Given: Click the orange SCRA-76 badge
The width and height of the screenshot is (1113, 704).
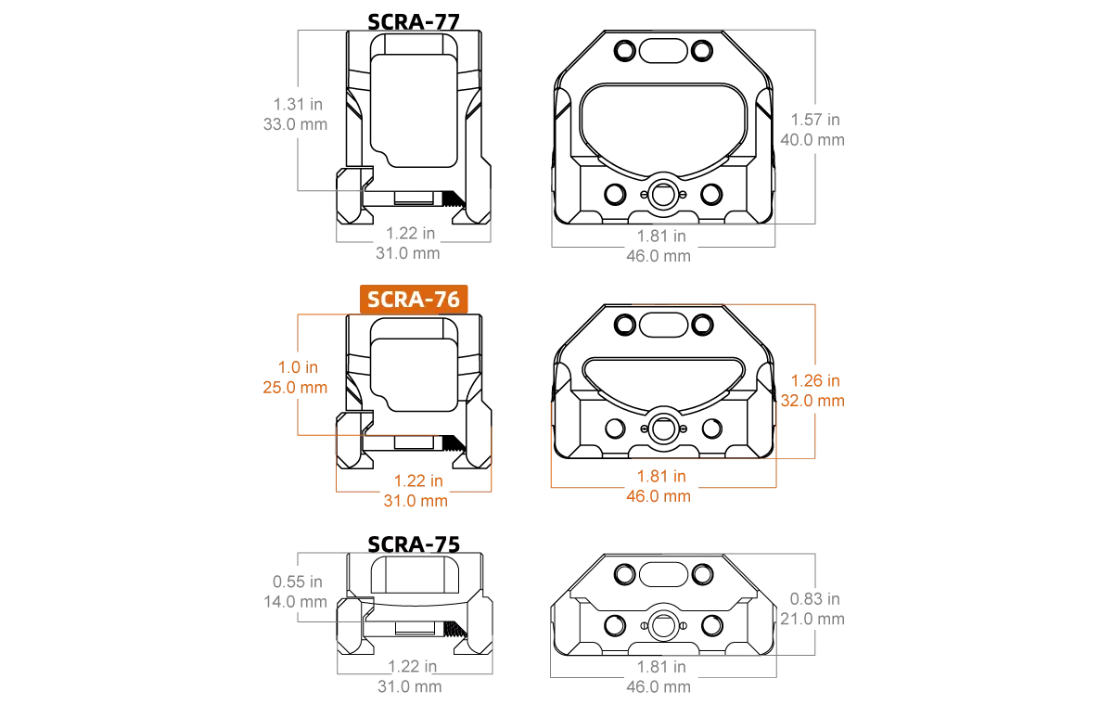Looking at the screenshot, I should [414, 300].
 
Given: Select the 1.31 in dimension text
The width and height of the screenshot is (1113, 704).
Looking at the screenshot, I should [298, 104].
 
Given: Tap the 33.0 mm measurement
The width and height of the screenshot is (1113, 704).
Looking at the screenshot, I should [295, 124].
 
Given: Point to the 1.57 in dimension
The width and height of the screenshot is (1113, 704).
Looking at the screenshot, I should [815, 120].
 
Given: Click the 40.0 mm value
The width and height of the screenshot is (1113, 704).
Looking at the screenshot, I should [812, 140].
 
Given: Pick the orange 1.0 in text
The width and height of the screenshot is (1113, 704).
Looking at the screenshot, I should [298, 367].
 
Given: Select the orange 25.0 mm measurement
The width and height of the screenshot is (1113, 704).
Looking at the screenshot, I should [295, 388].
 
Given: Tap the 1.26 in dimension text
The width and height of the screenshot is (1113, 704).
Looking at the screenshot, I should [815, 381].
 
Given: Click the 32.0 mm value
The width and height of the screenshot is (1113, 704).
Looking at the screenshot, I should [812, 401].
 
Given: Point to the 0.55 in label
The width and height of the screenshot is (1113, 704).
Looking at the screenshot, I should [298, 582].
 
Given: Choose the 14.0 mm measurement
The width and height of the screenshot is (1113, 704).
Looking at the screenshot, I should [295, 602].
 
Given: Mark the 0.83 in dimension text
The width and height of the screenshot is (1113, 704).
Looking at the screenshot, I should [815, 599].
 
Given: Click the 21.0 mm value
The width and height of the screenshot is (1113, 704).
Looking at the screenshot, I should [812, 619].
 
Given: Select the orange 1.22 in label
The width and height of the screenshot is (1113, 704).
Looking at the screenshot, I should [418, 480].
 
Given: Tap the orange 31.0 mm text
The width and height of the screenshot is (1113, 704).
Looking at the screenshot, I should [416, 501].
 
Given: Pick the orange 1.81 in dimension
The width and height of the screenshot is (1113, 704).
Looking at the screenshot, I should [661, 476].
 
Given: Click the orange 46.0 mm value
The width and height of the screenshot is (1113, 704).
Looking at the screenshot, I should [659, 496].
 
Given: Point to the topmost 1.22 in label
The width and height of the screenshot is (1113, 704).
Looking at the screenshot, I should [411, 234].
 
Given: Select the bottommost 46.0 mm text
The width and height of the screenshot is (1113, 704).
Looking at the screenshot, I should [659, 686].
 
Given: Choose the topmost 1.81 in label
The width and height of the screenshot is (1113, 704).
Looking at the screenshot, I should [661, 236].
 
